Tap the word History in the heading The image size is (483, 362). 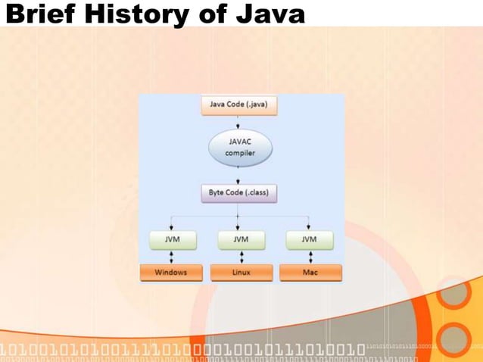pos(133,14)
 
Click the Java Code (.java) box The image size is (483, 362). pos(239,104)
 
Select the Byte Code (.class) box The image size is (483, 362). pos(239,192)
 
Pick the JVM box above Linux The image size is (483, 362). pos(240,239)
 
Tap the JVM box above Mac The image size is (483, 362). pos(309,239)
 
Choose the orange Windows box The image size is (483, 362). pos(171,272)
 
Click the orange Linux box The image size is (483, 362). pos(240,272)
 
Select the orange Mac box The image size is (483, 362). pos(310,272)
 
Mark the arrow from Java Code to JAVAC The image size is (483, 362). pos(239,122)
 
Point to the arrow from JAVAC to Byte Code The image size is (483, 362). pos(239,175)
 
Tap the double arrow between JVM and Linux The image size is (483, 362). pos(240,256)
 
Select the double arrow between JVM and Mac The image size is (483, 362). pos(309,256)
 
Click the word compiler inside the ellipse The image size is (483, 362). pos(240,153)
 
